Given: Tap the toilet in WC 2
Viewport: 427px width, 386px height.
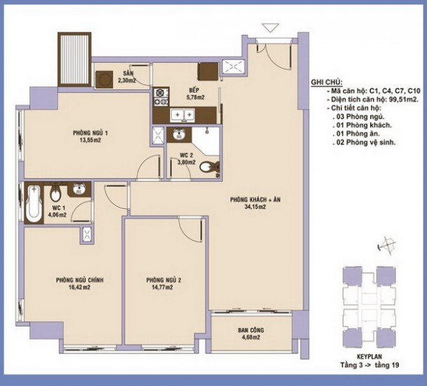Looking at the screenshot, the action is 210,167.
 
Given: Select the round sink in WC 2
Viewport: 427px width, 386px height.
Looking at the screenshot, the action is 179,133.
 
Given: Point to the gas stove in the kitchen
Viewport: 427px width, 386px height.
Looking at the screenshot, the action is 161,97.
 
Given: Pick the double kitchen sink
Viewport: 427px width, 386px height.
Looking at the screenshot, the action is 182,114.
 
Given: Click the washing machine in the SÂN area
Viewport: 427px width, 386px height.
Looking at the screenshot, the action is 104,79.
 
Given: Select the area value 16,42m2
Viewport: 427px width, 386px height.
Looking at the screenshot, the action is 79,287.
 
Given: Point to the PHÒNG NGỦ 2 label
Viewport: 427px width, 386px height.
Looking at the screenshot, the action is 164,280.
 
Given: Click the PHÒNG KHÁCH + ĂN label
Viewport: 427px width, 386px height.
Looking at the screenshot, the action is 255,199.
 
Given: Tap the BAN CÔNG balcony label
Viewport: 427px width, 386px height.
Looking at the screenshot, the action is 251,330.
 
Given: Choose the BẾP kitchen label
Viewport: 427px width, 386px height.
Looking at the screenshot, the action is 194,90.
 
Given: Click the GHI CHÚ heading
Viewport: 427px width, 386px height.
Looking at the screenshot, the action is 327,83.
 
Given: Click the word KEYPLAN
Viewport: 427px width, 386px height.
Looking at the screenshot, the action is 370,357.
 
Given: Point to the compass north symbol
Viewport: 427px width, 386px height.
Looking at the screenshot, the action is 387,246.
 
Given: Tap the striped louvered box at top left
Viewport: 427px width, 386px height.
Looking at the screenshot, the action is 74,60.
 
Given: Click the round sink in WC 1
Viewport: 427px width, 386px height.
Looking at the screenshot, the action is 79,188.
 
